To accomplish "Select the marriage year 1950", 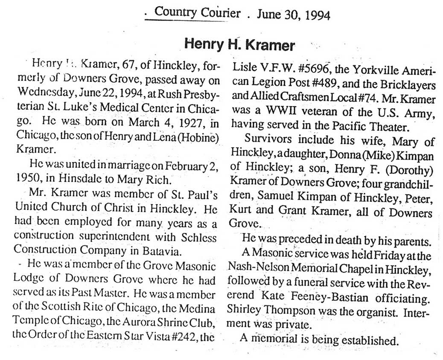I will click(29, 175).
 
